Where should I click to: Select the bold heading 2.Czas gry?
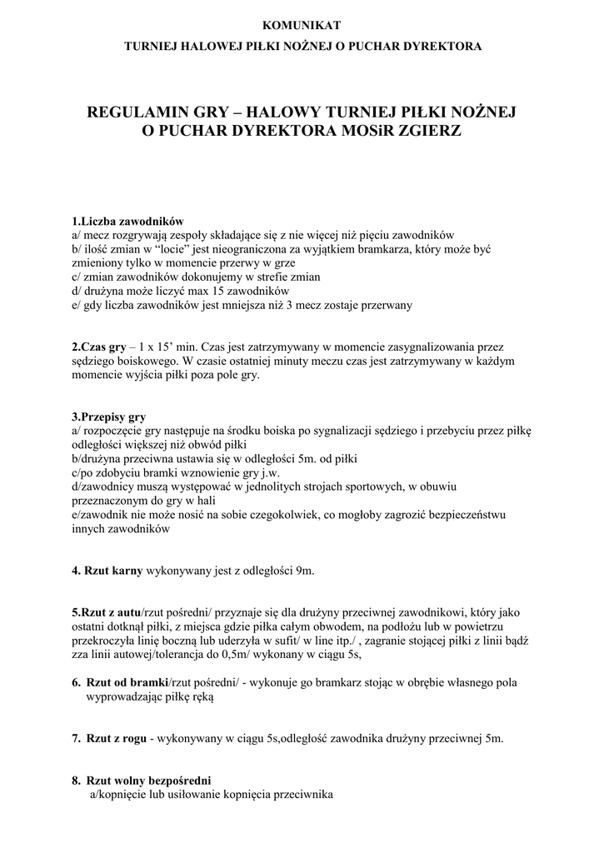98,346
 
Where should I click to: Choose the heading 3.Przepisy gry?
108,417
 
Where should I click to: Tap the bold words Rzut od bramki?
127,682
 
